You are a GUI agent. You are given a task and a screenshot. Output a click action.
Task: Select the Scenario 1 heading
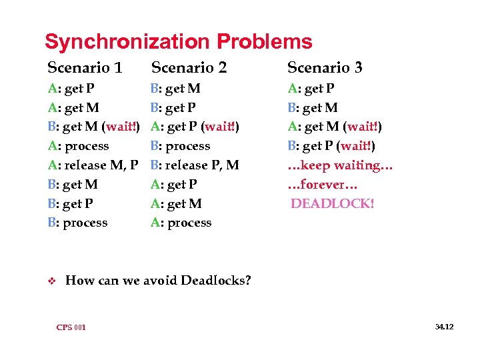(x=85, y=67)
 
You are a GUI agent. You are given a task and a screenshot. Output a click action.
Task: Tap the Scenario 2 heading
(x=189, y=67)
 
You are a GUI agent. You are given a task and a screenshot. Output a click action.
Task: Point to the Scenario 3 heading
(x=325, y=67)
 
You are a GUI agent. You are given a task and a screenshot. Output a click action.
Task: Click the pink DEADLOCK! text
(x=333, y=203)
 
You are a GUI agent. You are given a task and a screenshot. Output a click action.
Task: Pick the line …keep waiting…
(x=340, y=165)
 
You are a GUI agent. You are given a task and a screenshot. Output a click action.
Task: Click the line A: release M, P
(x=93, y=165)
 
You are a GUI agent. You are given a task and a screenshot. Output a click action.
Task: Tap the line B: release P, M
(x=195, y=165)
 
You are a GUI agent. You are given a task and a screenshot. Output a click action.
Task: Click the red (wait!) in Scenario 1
(x=121, y=127)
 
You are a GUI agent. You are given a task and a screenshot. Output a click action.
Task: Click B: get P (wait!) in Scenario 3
(x=330, y=146)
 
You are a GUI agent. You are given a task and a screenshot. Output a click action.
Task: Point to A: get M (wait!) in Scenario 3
(x=334, y=127)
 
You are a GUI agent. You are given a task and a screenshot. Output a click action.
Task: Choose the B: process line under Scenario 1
(x=77, y=223)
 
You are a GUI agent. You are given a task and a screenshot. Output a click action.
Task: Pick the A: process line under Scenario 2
(x=181, y=223)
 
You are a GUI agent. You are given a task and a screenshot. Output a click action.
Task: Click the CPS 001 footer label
(x=71, y=327)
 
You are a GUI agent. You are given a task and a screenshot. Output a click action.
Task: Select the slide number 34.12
(x=444, y=327)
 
